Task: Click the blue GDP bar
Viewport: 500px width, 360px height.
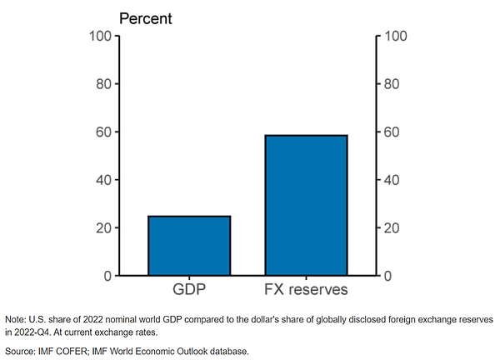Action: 189,246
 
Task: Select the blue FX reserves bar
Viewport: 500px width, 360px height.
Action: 306,205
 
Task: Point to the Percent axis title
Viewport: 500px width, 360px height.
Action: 146,17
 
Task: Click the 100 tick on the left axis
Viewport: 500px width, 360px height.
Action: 100,36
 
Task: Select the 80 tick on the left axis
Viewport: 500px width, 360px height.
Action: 103,84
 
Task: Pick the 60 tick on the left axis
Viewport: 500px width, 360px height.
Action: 103,132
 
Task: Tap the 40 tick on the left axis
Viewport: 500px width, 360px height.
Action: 103,180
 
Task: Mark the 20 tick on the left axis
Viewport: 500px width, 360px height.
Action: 103,227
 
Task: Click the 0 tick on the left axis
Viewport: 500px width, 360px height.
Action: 107,276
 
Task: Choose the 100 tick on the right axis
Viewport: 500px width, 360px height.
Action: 394,36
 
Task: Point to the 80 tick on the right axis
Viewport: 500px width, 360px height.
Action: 392,84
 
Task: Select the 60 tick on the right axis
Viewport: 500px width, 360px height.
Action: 392,132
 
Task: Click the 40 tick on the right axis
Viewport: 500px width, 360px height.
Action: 392,180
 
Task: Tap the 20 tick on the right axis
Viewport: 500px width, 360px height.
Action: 392,227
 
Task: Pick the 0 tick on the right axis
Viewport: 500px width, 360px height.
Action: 388,276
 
